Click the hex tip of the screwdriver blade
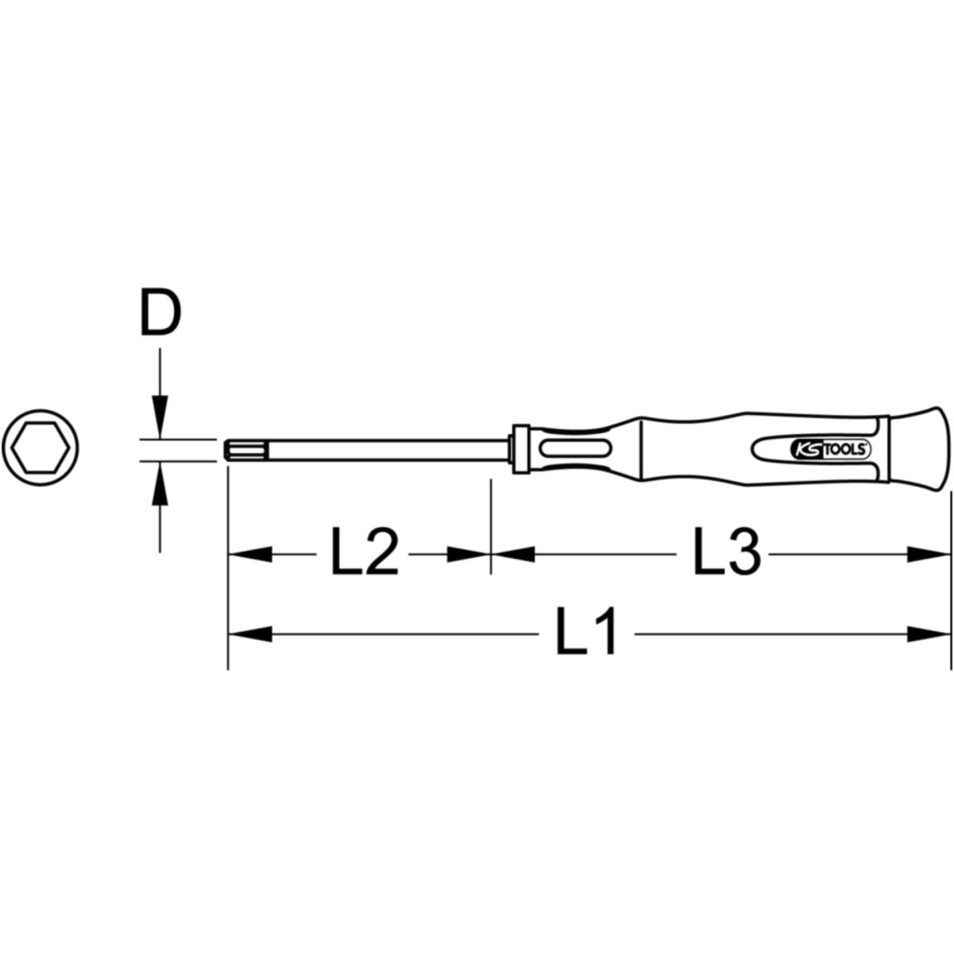[x=246, y=448]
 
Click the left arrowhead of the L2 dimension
[x=250, y=554]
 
